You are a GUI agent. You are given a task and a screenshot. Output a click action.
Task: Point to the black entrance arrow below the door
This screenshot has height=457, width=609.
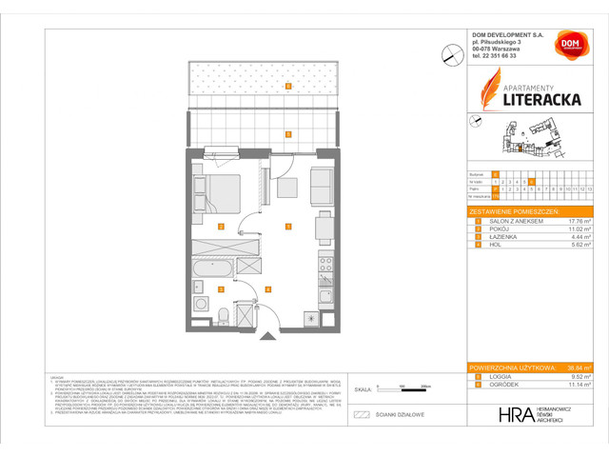pyautogui.click(x=268, y=334)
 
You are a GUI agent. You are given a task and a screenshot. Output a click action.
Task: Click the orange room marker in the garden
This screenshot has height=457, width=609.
pyautogui.click(x=287, y=84)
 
